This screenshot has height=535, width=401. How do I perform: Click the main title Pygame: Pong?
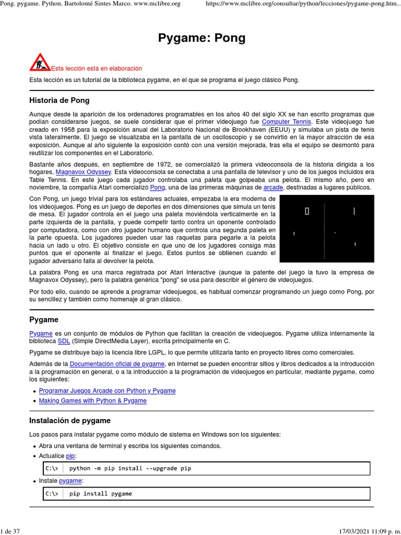click(201, 38)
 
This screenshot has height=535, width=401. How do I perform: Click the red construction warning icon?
click(40, 62)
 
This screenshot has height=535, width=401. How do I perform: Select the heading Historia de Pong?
click(59, 100)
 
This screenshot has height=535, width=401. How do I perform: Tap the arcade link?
click(273, 187)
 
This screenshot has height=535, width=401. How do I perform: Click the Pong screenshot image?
click(327, 228)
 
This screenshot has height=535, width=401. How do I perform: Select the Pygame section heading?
click(44, 320)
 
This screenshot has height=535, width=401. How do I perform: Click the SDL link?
click(64, 341)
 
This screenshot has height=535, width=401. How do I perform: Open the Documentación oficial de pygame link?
click(117, 364)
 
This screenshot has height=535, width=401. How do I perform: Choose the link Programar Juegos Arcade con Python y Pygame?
click(107, 391)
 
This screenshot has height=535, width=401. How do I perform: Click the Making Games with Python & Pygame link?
click(92, 401)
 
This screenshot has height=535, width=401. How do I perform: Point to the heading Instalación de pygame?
click(70, 421)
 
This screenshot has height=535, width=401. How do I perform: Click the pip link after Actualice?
click(70, 456)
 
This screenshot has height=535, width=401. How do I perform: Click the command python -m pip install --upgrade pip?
click(130, 468)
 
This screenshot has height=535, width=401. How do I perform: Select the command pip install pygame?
click(100, 493)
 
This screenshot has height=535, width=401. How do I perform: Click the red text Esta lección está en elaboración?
click(96, 68)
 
